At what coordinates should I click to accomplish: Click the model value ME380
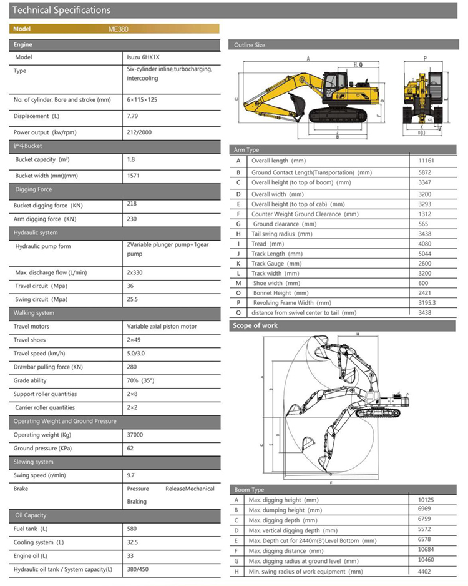[118, 29]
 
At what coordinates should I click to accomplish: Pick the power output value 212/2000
[139, 132]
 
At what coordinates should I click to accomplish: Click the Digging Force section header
[33, 189]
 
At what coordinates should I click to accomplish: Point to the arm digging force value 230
[132, 219]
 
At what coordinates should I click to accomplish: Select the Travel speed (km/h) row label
[39, 354]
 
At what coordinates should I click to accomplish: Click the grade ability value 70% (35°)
[140, 380]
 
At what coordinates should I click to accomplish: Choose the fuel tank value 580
[132, 529]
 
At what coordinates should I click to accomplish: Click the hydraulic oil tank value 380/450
[138, 569]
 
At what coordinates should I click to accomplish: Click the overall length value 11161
[428, 161]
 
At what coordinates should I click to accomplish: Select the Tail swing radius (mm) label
[281, 234]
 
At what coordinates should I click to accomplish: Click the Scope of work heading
[255, 325]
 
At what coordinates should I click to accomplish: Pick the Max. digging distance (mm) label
[286, 550]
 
